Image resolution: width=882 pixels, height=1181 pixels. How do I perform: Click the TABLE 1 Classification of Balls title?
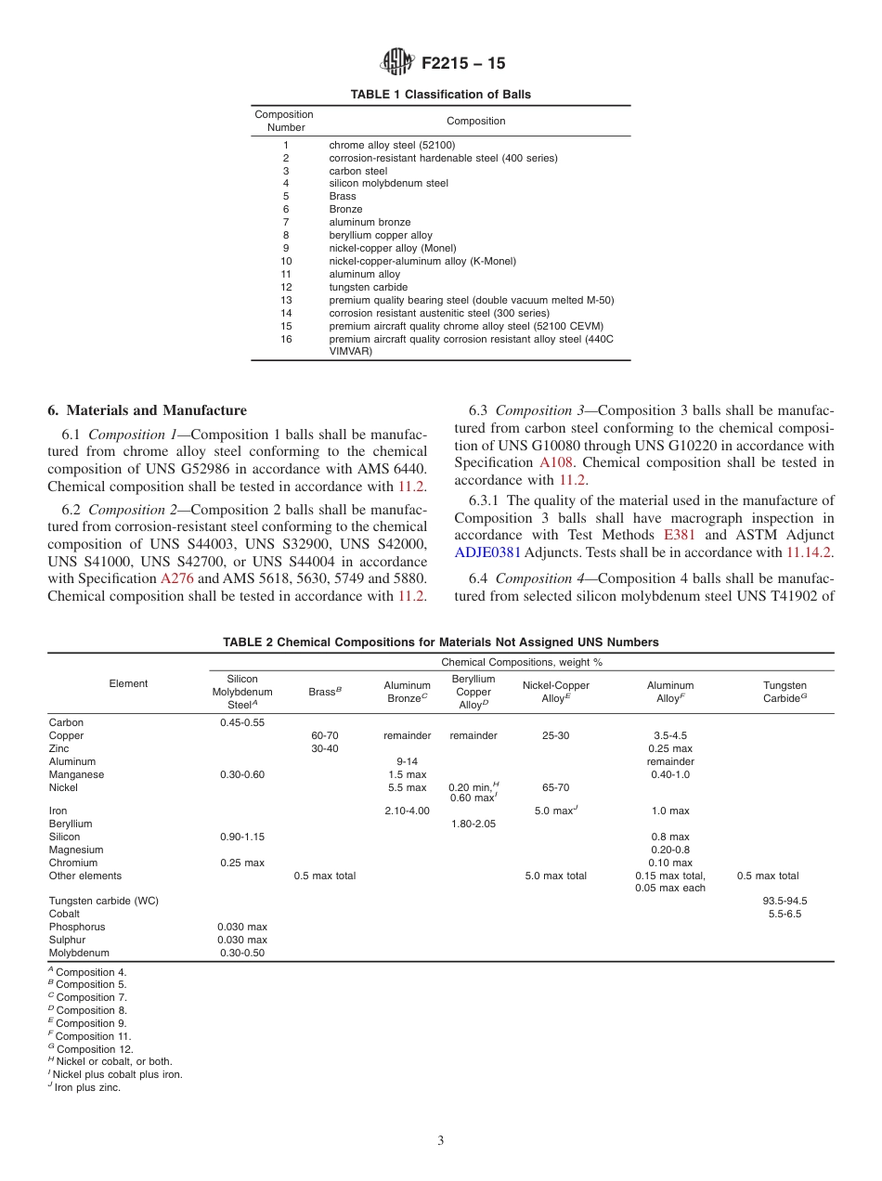pyautogui.click(x=440, y=95)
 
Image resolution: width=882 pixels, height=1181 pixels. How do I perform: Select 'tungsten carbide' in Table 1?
pyautogui.click(x=368, y=288)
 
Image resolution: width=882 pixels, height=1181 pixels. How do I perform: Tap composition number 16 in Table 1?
pyautogui.click(x=286, y=340)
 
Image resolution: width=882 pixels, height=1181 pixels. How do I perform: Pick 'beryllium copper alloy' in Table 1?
pyautogui.click(x=381, y=236)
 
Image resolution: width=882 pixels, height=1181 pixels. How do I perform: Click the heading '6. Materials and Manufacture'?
pyautogui.click(x=147, y=410)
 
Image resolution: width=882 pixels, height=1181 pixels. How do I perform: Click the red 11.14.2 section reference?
pyautogui.click(x=810, y=552)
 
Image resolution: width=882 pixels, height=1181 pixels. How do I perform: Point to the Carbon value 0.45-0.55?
pyautogui.click(x=242, y=722)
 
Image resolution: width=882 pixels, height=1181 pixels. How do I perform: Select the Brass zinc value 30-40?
pyautogui.click(x=324, y=748)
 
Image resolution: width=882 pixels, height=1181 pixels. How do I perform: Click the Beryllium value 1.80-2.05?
pyautogui.click(x=473, y=824)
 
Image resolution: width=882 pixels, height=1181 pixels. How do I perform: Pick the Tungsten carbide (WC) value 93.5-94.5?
pyautogui.click(x=785, y=901)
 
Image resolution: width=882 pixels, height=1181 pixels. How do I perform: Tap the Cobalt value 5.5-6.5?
pyautogui.click(x=785, y=914)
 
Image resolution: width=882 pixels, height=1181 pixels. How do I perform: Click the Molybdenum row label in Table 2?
pyautogui.click(x=79, y=953)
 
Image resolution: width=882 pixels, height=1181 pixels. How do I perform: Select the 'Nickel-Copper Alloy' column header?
pyautogui.click(x=555, y=692)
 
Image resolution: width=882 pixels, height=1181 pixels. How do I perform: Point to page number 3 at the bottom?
pyautogui.click(x=441, y=1141)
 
